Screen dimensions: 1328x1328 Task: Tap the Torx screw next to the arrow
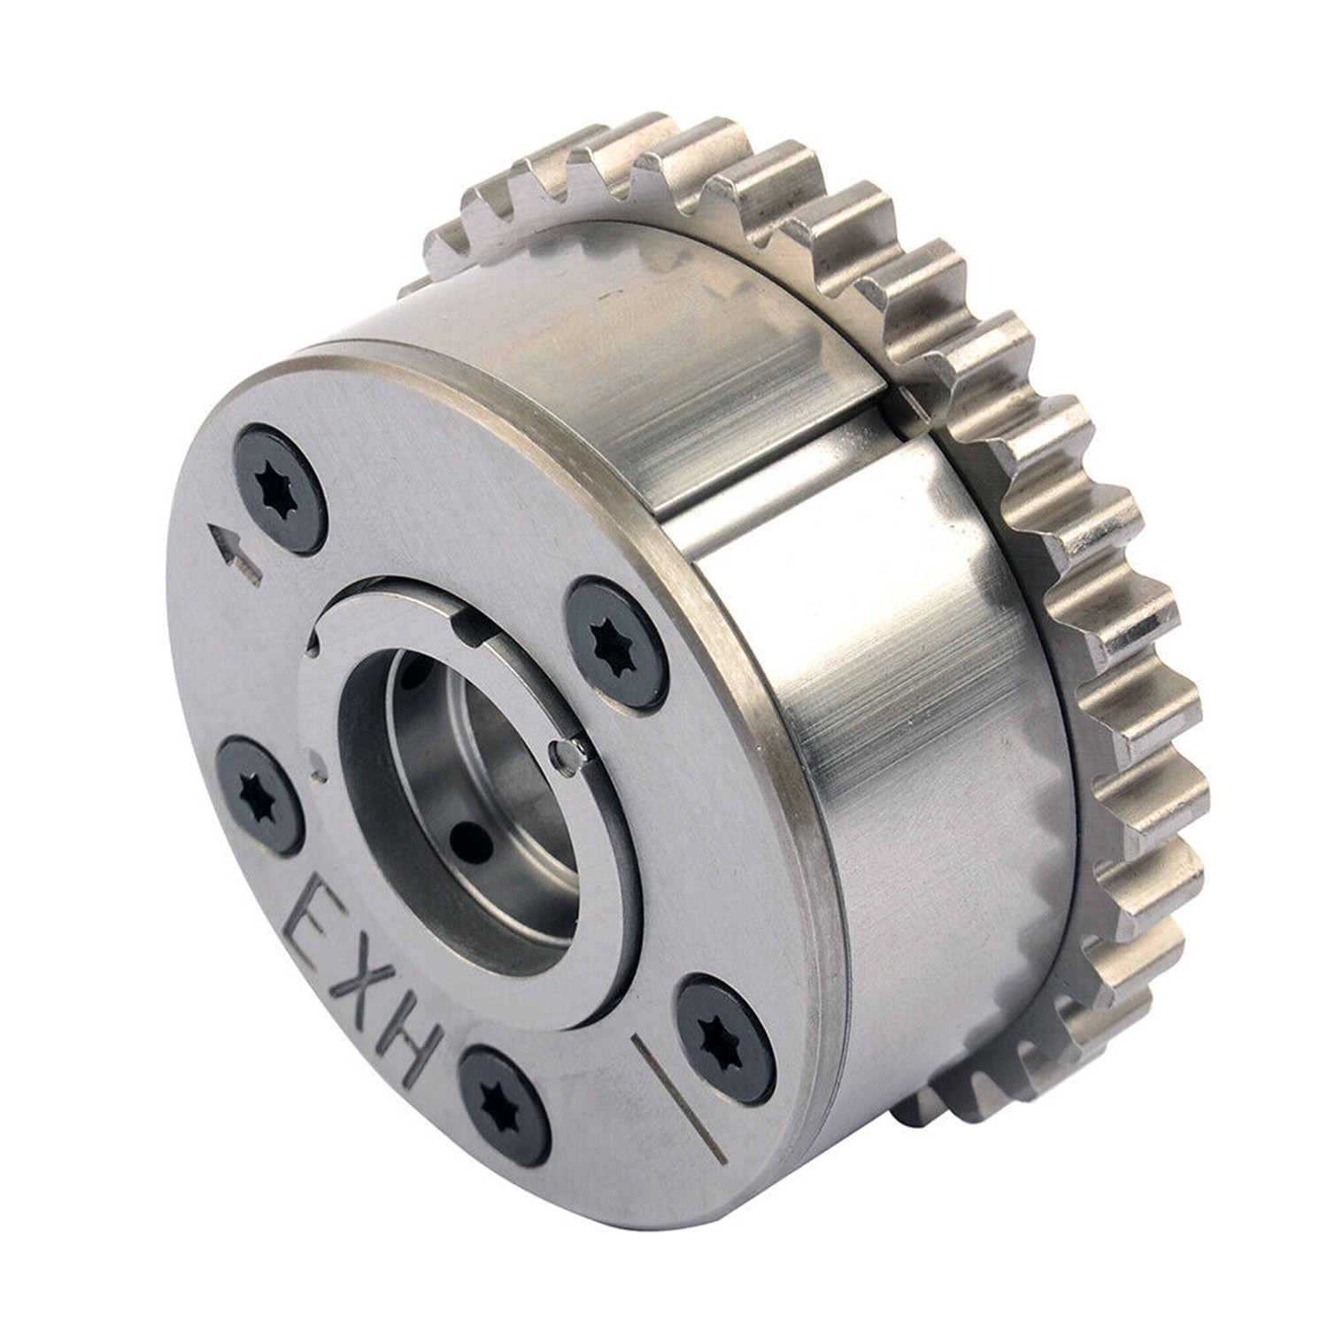tap(279, 490)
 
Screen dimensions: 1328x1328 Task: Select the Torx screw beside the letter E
tap(260, 795)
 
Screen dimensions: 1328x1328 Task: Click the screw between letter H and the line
tap(503, 1105)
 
